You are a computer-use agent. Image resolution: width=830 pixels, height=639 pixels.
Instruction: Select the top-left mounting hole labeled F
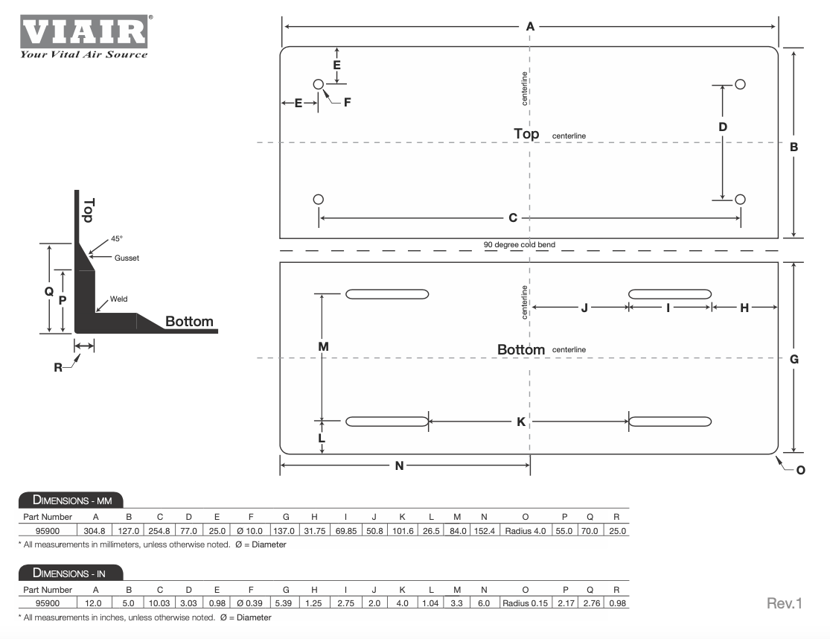tap(318, 84)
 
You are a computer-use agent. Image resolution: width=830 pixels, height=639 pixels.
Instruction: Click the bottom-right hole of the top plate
tap(740, 199)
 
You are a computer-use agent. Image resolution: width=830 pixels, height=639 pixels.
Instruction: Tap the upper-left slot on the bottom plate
tap(387, 293)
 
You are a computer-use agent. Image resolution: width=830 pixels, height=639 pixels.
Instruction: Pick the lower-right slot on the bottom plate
tap(669, 422)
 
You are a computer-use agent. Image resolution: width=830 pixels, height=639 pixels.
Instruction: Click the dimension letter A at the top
tap(530, 27)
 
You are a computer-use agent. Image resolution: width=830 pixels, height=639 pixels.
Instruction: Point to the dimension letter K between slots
tap(521, 422)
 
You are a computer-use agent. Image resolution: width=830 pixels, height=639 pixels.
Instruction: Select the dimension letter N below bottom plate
tap(399, 466)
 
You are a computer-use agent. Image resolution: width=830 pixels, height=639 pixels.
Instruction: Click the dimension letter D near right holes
tap(723, 127)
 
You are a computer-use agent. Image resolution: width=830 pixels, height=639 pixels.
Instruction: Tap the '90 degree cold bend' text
tap(519, 244)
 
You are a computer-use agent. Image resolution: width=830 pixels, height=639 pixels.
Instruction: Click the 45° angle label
tap(116, 239)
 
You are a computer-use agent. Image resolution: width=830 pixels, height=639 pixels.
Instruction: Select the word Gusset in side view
tap(127, 258)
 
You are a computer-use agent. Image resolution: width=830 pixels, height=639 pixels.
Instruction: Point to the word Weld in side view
tap(118, 299)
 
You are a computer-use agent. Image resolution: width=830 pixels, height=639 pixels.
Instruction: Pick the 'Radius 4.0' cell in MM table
tap(525, 531)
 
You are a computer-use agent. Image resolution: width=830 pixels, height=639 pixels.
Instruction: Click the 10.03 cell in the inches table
tap(159, 603)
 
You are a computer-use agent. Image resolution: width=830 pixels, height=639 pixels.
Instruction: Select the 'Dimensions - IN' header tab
tap(71, 573)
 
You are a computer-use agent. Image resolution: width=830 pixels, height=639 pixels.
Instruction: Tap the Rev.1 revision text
tap(784, 603)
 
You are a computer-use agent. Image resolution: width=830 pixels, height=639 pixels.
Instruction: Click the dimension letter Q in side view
tap(49, 291)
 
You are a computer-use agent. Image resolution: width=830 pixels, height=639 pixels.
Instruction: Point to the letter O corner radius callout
tap(800, 470)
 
